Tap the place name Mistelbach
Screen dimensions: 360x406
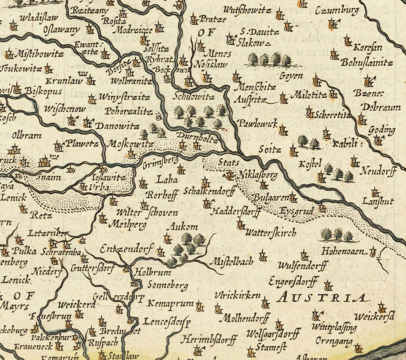pyautogui.click(x=231, y=261)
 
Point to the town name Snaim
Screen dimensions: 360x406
pyautogui.click(x=49, y=177)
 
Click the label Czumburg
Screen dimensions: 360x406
pyautogui.click(x=337, y=10)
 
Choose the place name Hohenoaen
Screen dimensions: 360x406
pyautogui.click(x=342, y=252)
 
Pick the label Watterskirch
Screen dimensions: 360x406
pyautogui.click(x=271, y=233)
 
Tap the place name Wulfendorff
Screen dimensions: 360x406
pyautogui.click(x=302, y=265)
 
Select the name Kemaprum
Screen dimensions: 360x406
pyautogui.click(x=171, y=303)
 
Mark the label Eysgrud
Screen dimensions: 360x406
pyautogui.click(x=296, y=211)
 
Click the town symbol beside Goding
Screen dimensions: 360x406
pyautogui.click(x=378, y=140)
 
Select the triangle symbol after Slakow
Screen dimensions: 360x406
pyautogui.click(x=268, y=44)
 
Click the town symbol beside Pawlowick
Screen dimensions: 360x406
pyautogui.click(x=282, y=131)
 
